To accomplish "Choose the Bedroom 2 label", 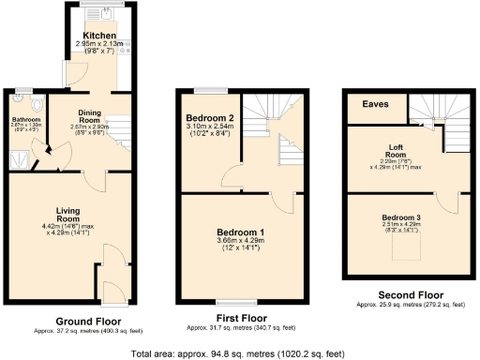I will click(x=209, y=118).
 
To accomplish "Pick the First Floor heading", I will click(x=242, y=319).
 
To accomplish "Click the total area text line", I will click(x=238, y=353).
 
